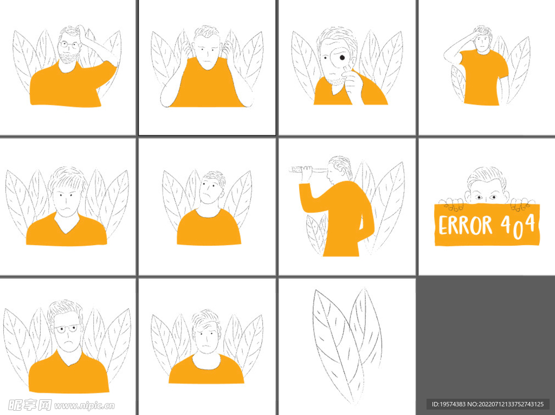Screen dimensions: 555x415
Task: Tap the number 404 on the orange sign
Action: pyautogui.click(x=518, y=226)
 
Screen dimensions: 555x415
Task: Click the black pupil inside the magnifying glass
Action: pyautogui.click(x=342, y=58)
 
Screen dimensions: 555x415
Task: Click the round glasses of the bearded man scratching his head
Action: pyautogui.click(x=69, y=44)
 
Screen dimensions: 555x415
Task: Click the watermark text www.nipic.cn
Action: pyautogui.click(x=84, y=405)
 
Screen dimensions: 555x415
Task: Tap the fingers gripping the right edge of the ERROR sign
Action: pyautogui.click(x=520, y=205)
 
